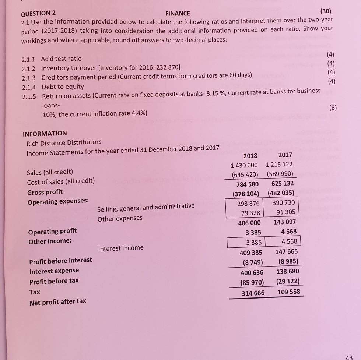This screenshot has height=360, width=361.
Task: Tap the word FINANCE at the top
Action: tap(178, 14)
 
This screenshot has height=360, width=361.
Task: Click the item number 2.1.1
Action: tap(29, 59)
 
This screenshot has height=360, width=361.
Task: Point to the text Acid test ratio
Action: tap(62, 59)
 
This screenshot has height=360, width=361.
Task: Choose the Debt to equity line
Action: tap(63, 87)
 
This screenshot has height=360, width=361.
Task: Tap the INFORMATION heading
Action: tap(45, 133)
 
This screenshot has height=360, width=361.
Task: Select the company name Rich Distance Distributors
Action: tap(64, 142)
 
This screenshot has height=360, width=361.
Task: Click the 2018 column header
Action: tap(250, 156)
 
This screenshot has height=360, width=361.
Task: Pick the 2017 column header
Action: tap(285, 155)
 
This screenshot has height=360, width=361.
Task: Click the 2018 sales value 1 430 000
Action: tap(244, 165)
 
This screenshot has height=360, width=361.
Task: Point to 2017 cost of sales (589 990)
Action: tap(279, 174)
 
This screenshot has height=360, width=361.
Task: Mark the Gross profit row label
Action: tap(45, 192)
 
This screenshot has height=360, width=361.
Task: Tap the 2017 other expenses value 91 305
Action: tap(285, 212)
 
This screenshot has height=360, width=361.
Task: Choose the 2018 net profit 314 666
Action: tap(253, 293)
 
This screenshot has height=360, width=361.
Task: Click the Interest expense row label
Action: tap(54, 271)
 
